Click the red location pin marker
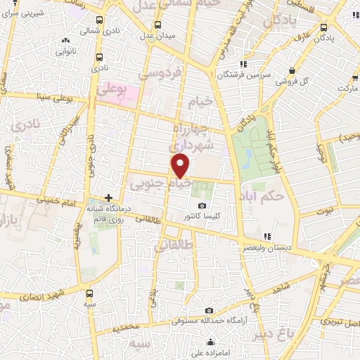point(181,167)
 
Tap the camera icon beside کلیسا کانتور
point(203,206)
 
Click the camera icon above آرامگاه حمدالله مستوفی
point(209,310)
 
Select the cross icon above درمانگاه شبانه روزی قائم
point(108,198)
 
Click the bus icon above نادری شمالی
point(99,20)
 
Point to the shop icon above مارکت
point(345,77)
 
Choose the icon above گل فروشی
point(292,70)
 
